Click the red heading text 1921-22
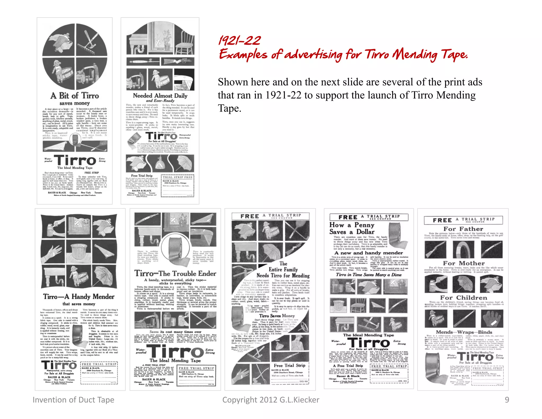click(x=240, y=41)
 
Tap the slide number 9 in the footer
click(x=507, y=400)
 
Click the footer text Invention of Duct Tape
click(x=73, y=400)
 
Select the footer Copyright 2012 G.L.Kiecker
click(x=270, y=400)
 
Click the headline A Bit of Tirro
click(x=75, y=96)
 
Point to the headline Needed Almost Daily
click(x=160, y=96)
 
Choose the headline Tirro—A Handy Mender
click(x=79, y=297)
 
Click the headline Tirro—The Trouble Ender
click(x=175, y=273)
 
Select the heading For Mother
click(x=464, y=263)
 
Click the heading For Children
click(x=463, y=298)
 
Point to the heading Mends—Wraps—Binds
click(x=464, y=332)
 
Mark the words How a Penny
click(x=352, y=225)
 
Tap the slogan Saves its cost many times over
click(x=175, y=332)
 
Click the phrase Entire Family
click(x=283, y=269)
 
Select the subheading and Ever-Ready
click(x=160, y=101)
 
